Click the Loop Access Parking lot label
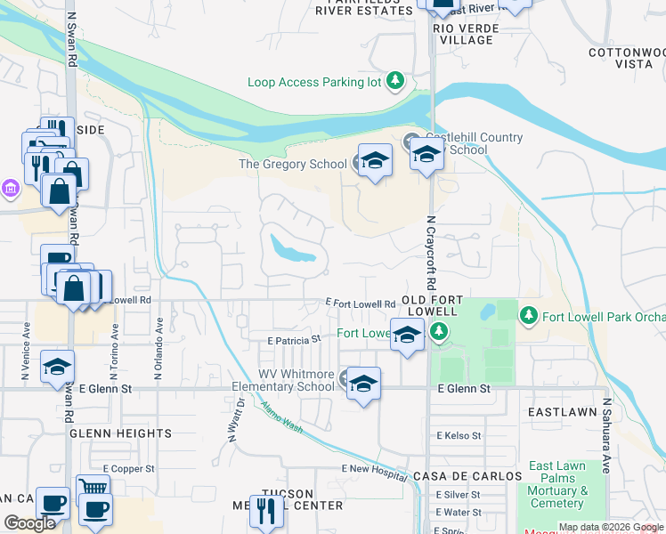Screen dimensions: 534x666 click(x=313, y=83)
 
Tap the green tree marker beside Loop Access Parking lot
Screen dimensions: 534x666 click(x=394, y=83)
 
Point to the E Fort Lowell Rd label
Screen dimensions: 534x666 click(x=361, y=303)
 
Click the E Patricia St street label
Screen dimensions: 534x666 click(x=293, y=340)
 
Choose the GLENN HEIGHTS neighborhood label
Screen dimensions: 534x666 click(x=119, y=433)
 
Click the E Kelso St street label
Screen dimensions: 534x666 click(x=459, y=436)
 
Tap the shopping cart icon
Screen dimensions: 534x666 click(x=93, y=488)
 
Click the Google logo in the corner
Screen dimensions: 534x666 click(x=30, y=522)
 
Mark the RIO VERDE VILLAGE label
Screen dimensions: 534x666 click(x=463, y=34)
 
